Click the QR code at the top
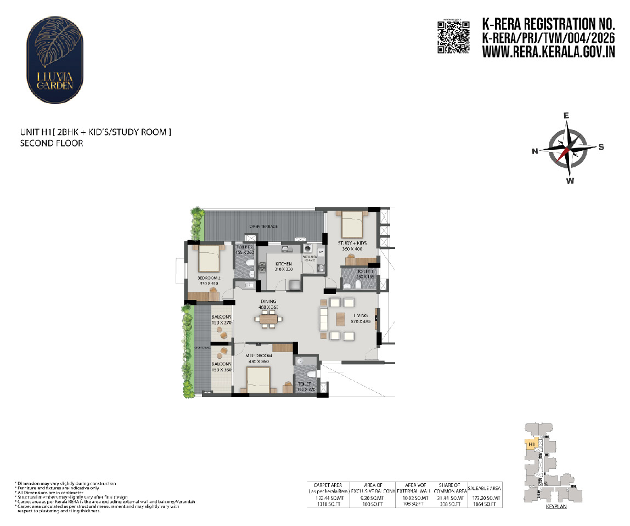click(453, 37)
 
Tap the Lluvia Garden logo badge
click(55, 55)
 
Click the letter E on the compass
click(567, 116)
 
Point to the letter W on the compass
click(570, 180)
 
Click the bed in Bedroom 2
click(209, 258)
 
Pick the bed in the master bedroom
click(257, 380)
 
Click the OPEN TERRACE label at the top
click(263, 226)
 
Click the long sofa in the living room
click(323, 318)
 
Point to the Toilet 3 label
click(365, 271)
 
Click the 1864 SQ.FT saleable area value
click(483, 504)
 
